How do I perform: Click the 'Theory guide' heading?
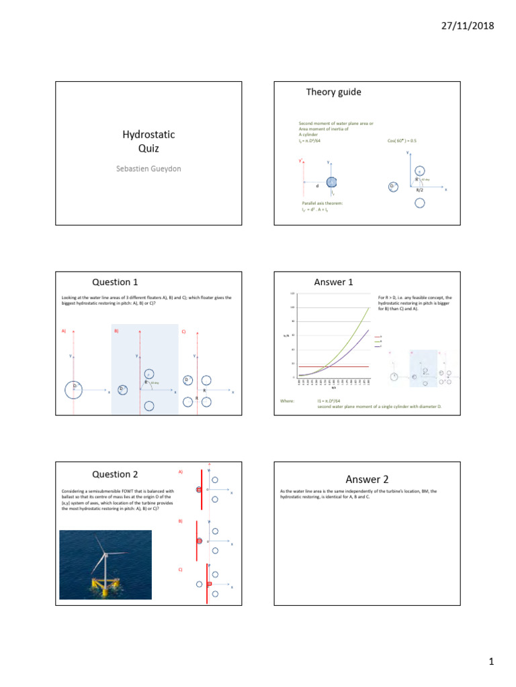[x=334, y=92]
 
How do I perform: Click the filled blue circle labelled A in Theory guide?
[x=331, y=182]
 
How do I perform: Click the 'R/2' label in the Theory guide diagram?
[x=419, y=191]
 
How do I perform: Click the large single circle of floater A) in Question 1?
[x=73, y=390]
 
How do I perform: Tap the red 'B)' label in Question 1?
[x=116, y=331]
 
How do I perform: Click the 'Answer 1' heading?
[x=334, y=282]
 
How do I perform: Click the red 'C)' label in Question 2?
[x=180, y=569]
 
